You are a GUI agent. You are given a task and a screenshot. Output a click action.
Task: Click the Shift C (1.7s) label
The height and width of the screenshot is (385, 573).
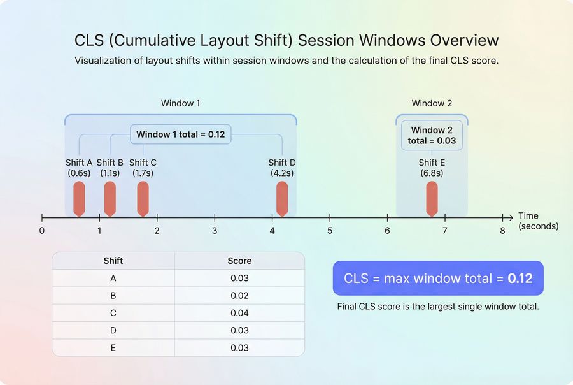click(x=143, y=168)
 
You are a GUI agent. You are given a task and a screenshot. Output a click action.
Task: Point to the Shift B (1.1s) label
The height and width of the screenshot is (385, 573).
click(x=110, y=168)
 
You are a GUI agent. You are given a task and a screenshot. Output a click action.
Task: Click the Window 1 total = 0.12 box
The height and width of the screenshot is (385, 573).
click(x=181, y=135)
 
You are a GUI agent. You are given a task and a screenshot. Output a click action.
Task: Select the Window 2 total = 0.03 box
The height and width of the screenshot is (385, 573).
click(x=432, y=135)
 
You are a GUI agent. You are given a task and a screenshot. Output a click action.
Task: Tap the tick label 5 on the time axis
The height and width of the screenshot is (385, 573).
click(x=330, y=230)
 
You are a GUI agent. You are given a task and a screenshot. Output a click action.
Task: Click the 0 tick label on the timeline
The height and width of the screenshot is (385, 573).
click(x=42, y=230)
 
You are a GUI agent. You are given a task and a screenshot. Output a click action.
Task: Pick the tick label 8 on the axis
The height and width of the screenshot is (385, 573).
click(x=502, y=230)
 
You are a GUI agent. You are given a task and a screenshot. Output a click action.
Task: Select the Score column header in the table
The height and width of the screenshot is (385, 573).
click(x=239, y=261)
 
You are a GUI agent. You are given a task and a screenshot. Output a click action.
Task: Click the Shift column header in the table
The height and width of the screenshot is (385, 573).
click(x=113, y=261)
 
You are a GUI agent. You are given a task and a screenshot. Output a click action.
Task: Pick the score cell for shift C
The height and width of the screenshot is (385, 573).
click(x=239, y=313)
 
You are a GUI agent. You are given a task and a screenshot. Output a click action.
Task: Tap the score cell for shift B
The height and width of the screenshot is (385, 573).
click(x=239, y=296)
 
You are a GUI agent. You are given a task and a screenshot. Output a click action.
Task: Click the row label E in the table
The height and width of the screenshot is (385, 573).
click(x=113, y=347)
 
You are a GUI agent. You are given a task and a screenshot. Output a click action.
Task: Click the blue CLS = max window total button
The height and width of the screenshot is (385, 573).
click(x=438, y=278)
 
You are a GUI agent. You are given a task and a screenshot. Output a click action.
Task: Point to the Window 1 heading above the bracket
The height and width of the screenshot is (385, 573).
click(x=181, y=103)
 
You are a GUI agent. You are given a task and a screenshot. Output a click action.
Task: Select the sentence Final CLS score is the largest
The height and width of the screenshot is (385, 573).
click(x=438, y=307)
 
